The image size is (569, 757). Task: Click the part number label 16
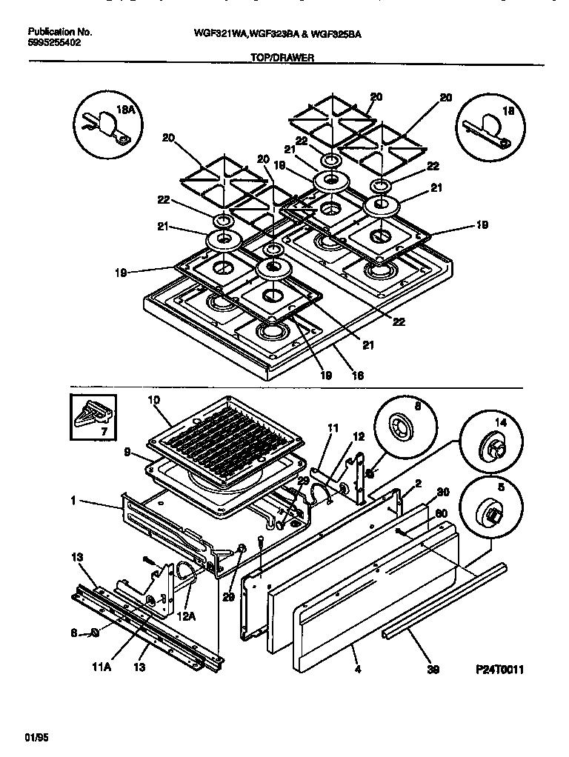tap(357, 376)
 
